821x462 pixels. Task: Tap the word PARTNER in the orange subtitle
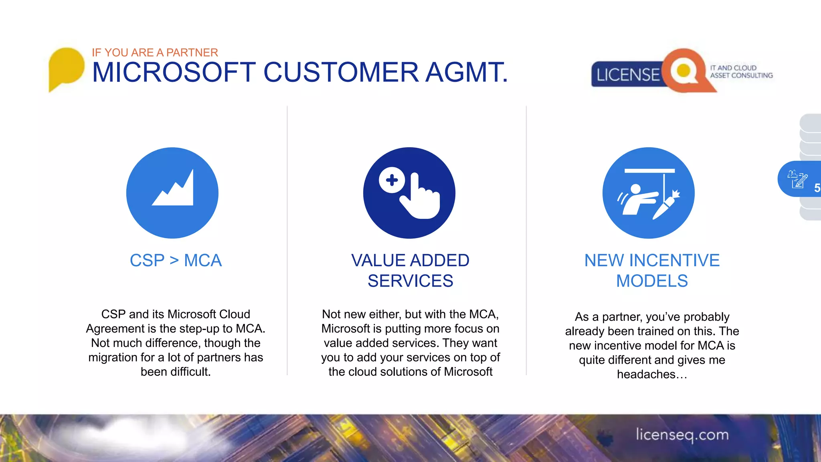pyautogui.click(x=192, y=53)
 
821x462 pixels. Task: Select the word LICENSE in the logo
pyautogui.click(x=628, y=75)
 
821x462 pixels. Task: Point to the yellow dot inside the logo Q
pyautogui.click(x=683, y=71)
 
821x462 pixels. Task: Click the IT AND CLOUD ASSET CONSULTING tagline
pyautogui.click(x=741, y=72)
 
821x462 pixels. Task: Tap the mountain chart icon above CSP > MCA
pyautogui.click(x=173, y=189)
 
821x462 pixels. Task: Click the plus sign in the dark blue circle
pyautogui.click(x=392, y=180)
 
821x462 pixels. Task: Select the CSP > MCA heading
pyautogui.click(x=176, y=261)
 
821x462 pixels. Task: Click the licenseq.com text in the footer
pyautogui.click(x=682, y=435)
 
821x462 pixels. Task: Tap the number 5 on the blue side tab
pyautogui.click(x=817, y=188)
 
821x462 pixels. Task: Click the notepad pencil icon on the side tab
pyautogui.click(x=797, y=179)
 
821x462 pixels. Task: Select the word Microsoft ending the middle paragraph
pyautogui.click(x=468, y=372)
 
